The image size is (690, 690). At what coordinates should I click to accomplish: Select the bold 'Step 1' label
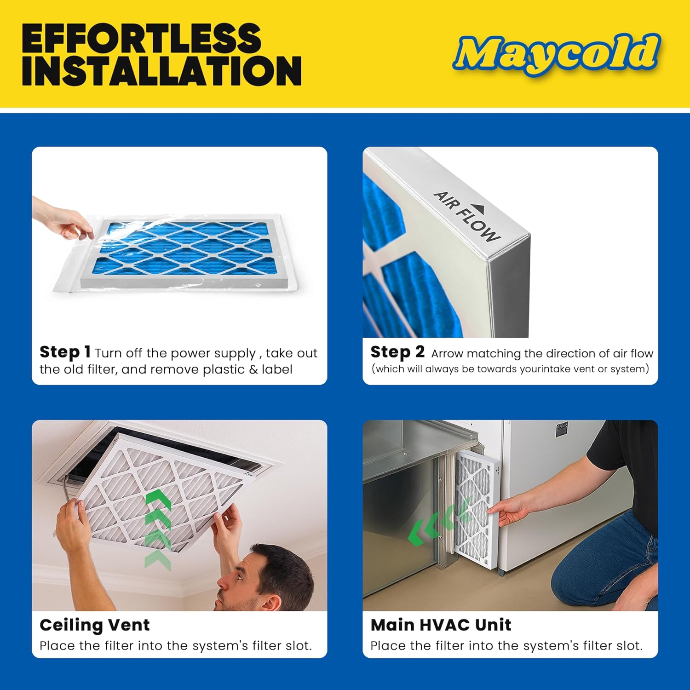click(x=65, y=352)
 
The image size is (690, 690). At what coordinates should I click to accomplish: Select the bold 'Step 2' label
click(x=397, y=352)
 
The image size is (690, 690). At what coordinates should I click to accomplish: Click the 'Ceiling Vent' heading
click(x=95, y=625)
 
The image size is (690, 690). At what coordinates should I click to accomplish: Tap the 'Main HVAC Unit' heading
click(x=441, y=625)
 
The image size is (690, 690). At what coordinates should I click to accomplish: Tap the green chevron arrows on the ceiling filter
click(x=158, y=529)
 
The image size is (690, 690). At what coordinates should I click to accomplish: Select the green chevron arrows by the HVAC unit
click(x=437, y=524)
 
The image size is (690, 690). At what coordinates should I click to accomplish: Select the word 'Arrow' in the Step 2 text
click(x=447, y=353)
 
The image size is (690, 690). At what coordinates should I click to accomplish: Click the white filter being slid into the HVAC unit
click(x=474, y=511)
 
